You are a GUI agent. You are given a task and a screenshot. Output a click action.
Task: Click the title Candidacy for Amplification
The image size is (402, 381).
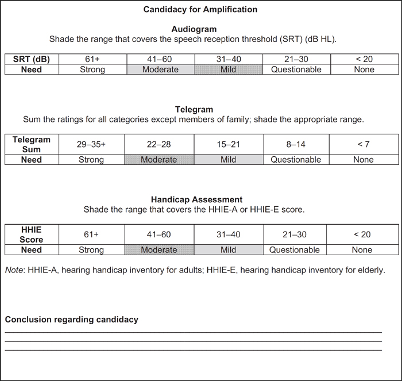click(200, 10)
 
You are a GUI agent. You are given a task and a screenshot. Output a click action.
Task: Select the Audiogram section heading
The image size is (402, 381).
click(200, 29)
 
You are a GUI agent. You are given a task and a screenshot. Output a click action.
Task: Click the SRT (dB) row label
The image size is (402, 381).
click(32, 59)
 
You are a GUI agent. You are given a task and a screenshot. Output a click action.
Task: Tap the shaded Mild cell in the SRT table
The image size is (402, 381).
click(229, 70)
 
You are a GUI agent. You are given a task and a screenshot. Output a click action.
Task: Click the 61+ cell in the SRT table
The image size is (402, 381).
click(92, 59)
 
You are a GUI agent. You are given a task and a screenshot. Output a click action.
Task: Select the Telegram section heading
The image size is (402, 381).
click(194, 109)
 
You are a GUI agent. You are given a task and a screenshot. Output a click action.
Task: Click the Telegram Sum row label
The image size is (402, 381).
click(32, 144)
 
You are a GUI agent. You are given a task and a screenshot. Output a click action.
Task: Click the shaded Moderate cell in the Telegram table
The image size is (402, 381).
click(159, 160)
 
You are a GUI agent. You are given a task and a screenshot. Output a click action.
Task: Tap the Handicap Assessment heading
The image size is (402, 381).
click(194, 200)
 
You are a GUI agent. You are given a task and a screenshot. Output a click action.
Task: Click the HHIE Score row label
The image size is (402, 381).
click(32, 234)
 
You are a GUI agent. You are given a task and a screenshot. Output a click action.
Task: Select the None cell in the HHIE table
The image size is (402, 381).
click(362, 250)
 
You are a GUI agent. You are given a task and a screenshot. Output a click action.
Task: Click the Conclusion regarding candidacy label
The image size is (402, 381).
click(72, 320)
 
